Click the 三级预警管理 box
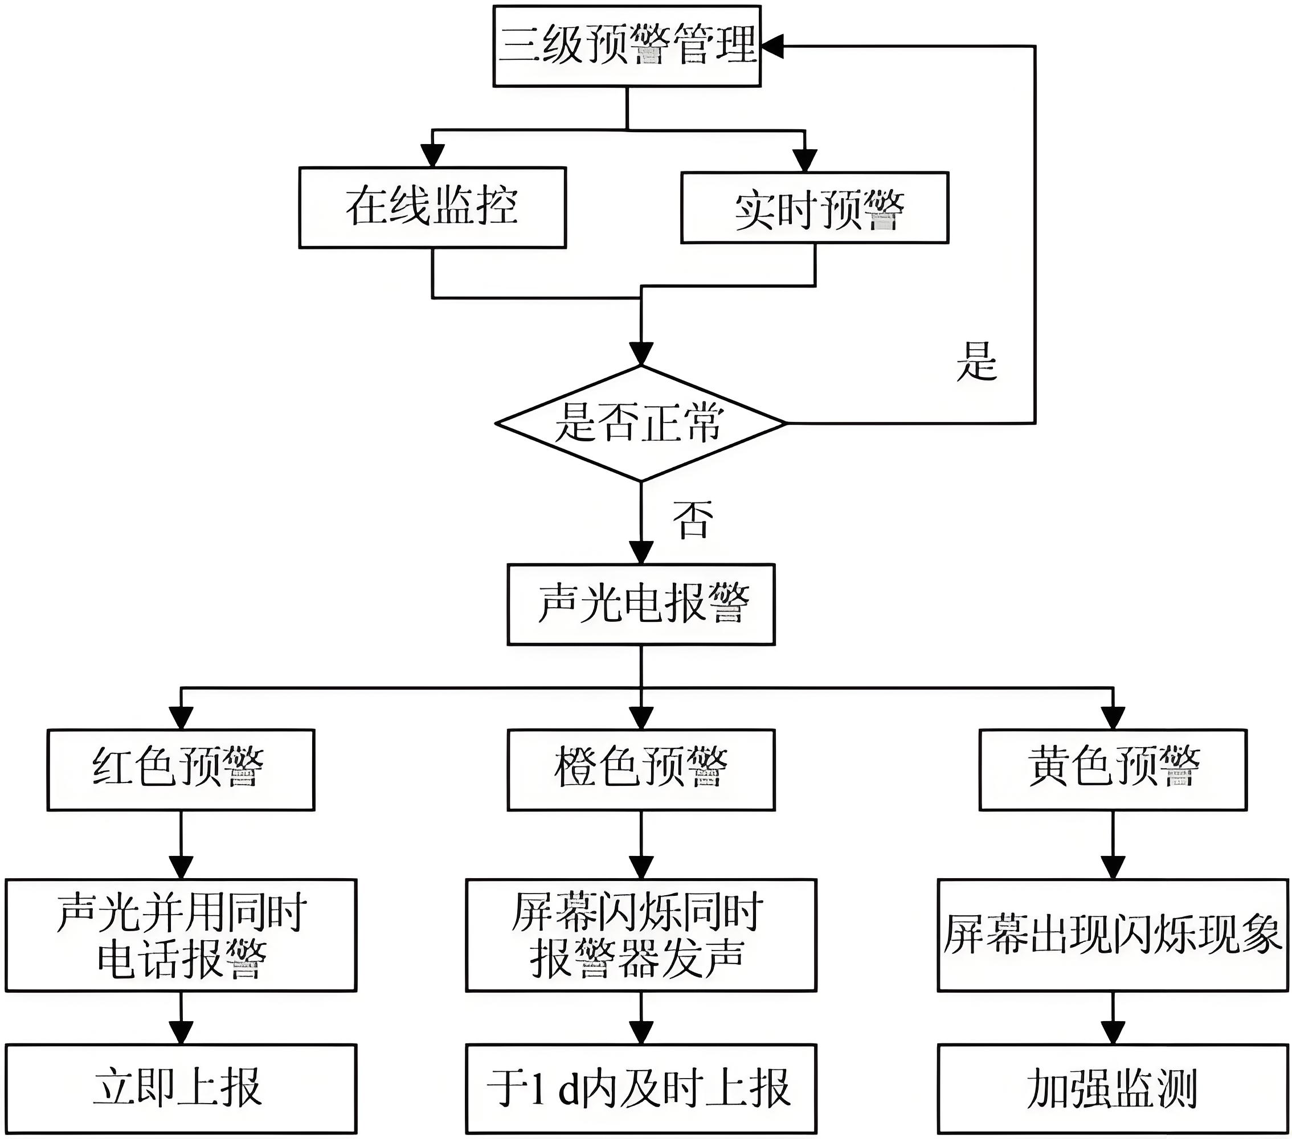click(x=627, y=46)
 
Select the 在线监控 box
click(x=432, y=207)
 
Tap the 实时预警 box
click(x=815, y=208)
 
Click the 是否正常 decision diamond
click(x=641, y=424)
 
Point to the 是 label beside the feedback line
click(x=976, y=362)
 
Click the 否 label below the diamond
click(x=693, y=519)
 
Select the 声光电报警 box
click(x=641, y=604)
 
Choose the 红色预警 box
click(x=181, y=770)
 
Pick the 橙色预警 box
click(x=641, y=770)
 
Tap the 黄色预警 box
click(x=1113, y=770)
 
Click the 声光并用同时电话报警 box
click(x=181, y=935)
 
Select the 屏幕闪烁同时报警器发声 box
click(x=641, y=935)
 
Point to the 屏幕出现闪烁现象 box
click(x=1113, y=935)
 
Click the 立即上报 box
click(x=181, y=1088)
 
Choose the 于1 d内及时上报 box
click(x=641, y=1088)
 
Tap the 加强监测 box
click(x=1113, y=1088)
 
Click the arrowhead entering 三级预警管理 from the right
click(x=772, y=46)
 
